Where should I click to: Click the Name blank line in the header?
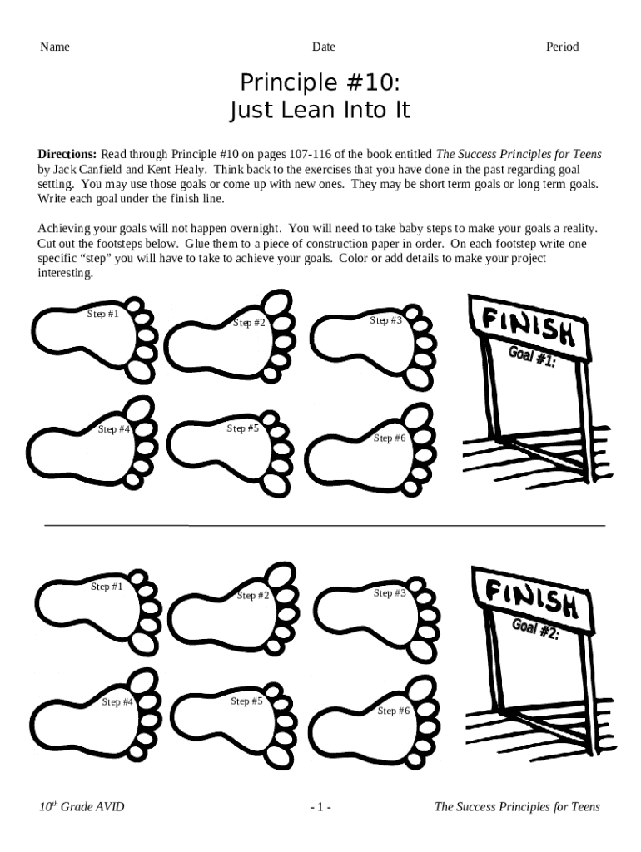tap(189, 51)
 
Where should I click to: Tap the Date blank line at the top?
tap(439, 51)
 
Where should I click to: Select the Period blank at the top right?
tap(592, 51)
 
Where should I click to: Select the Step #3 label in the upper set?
tap(385, 320)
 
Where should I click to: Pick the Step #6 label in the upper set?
tap(390, 438)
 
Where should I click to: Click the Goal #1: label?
tap(532, 356)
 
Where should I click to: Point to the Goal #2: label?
tap(535, 629)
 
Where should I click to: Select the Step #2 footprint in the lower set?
tap(234, 608)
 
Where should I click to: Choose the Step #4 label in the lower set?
tap(117, 702)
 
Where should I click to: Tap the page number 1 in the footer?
tap(320, 807)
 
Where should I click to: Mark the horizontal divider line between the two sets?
tap(325, 526)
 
